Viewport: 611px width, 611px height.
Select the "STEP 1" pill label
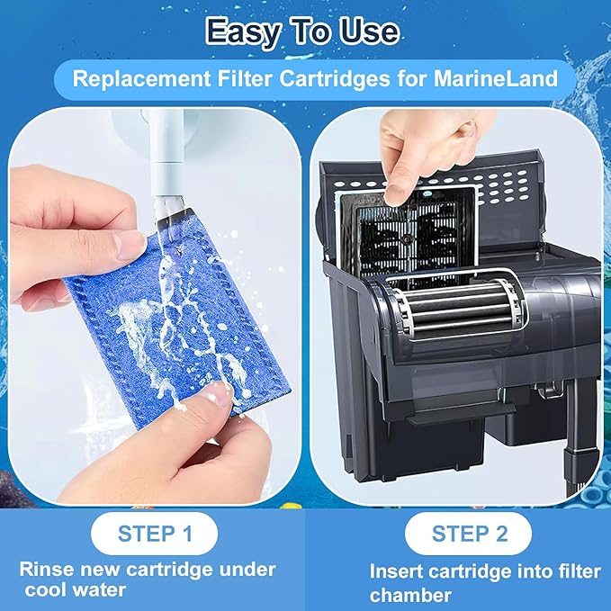155,534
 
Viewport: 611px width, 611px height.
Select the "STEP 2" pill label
470,534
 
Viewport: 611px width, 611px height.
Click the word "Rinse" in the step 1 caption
44,570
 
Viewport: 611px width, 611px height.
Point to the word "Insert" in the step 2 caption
398,571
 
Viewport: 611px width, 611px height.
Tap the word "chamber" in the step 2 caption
409,595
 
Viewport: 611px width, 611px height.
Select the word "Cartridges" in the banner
350,78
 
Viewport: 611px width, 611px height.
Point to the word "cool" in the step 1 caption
47,589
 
